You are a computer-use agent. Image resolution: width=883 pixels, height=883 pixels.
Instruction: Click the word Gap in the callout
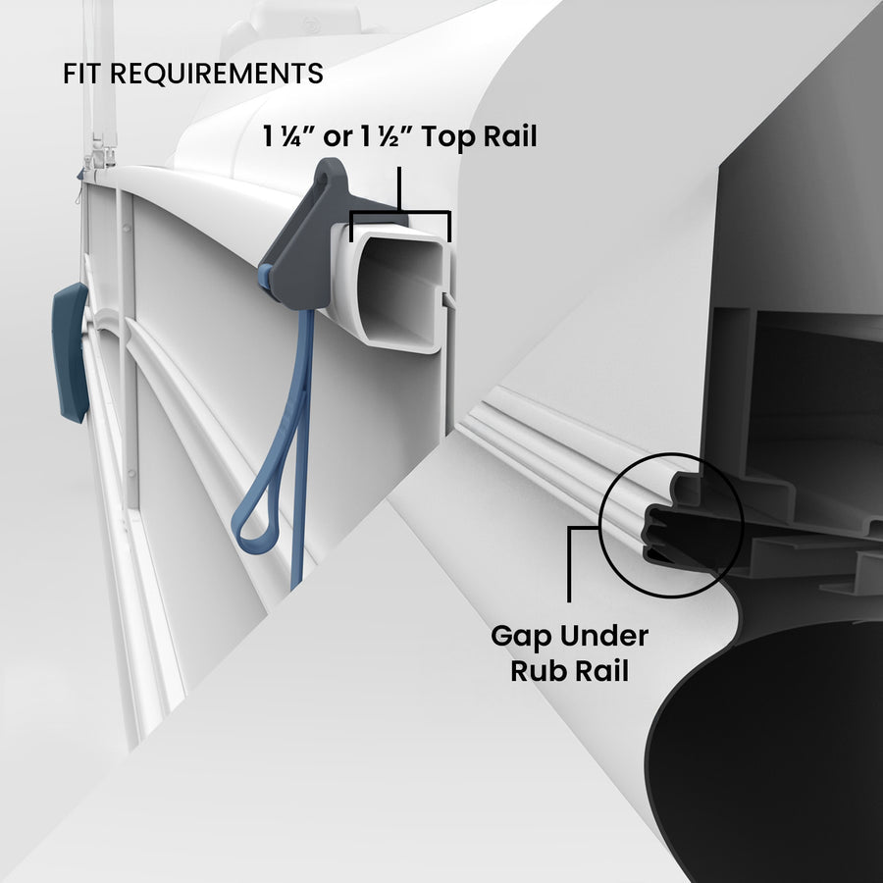[521, 636]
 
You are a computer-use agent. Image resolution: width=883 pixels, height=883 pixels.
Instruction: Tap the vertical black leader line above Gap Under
[569, 569]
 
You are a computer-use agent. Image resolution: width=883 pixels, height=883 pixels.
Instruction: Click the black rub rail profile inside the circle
[677, 530]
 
